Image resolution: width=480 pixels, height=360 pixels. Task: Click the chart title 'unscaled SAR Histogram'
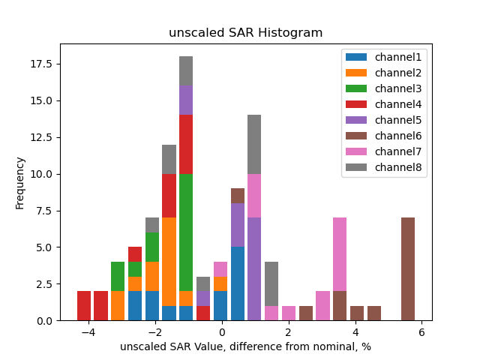245,33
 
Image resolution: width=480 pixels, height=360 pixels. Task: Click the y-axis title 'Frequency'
20,182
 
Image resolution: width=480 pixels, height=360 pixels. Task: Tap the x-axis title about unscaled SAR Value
245,346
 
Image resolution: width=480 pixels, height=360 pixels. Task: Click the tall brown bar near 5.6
408,269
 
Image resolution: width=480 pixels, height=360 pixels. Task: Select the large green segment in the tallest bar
186,232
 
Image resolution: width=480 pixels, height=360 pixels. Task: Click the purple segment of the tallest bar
186,100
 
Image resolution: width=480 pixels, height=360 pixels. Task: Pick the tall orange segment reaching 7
169,262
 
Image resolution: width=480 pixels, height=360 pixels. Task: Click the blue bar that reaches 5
238,283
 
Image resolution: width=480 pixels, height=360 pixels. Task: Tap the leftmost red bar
84,306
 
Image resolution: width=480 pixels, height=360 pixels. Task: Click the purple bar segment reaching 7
254,269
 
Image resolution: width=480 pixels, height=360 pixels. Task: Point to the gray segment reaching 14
254,145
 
